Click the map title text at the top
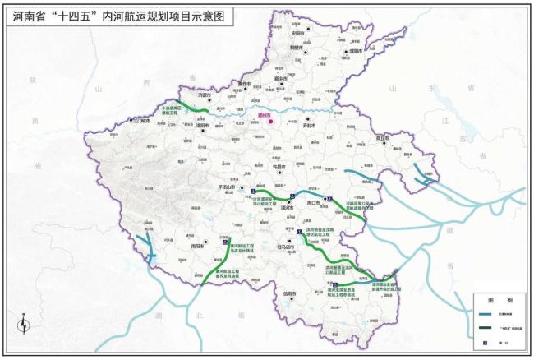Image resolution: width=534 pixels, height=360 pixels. [x=116, y=15]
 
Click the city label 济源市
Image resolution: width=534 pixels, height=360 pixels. [x=200, y=96]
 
